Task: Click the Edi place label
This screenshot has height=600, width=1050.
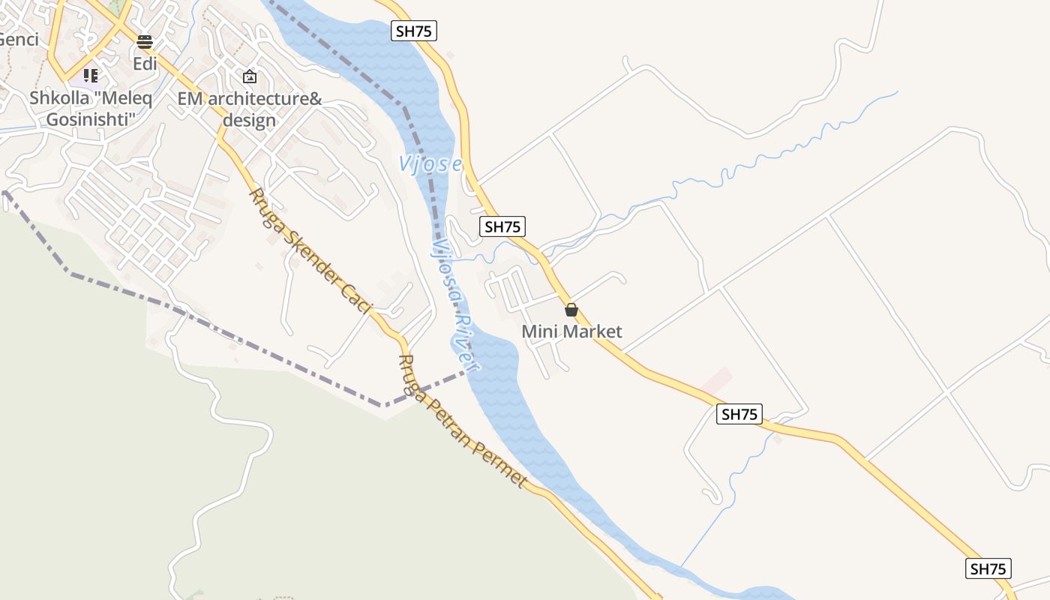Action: [145, 64]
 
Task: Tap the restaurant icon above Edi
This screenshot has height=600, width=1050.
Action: [145, 41]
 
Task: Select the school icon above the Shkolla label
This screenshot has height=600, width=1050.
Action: [91, 75]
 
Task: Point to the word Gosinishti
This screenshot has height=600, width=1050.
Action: [91, 119]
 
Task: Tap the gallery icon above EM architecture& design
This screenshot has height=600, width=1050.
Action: [250, 76]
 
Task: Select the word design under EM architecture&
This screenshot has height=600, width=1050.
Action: [250, 120]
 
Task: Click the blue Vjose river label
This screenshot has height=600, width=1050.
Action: [430, 163]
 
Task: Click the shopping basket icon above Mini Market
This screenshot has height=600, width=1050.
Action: [571, 310]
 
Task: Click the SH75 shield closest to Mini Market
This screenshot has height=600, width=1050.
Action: [502, 226]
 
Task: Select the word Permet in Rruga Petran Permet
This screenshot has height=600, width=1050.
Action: [500, 466]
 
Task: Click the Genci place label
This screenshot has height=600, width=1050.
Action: [18, 40]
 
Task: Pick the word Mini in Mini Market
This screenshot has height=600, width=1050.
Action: [537, 331]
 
